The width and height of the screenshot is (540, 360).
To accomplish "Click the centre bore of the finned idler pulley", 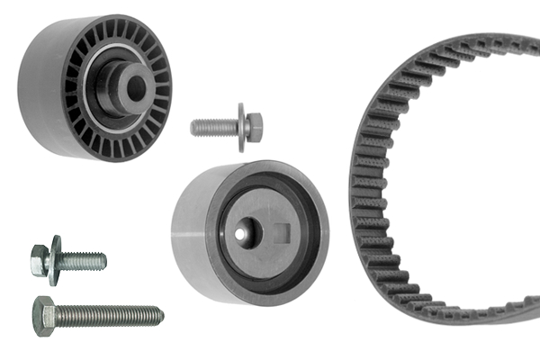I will coord(135,87).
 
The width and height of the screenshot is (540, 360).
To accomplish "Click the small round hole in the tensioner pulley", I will coord(240,233).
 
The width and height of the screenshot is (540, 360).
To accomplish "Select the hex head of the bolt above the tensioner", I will coord(255,126).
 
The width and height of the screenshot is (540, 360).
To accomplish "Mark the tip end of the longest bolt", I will coord(160,314).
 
